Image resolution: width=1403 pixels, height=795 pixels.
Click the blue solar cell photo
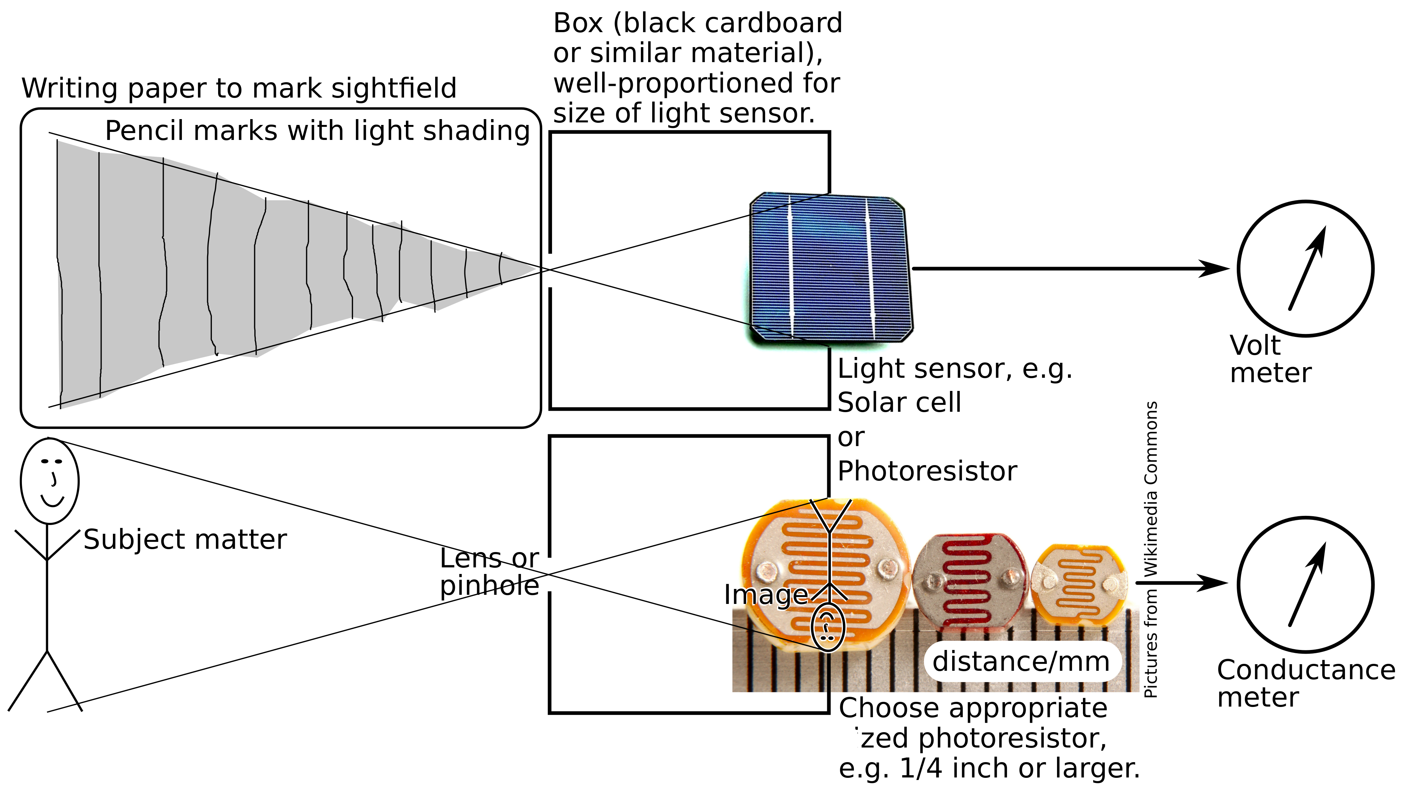pos(830,267)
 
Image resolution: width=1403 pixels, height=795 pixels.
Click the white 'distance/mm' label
pos(1021,662)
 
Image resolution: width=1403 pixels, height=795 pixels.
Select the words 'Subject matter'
pos(185,540)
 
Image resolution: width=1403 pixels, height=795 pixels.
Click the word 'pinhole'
pos(489,586)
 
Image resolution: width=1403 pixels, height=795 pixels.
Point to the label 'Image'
pos(765,595)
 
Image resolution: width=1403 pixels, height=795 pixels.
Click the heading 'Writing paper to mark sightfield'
pos(239,88)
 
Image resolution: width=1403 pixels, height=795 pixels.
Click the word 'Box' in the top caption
pos(578,23)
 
